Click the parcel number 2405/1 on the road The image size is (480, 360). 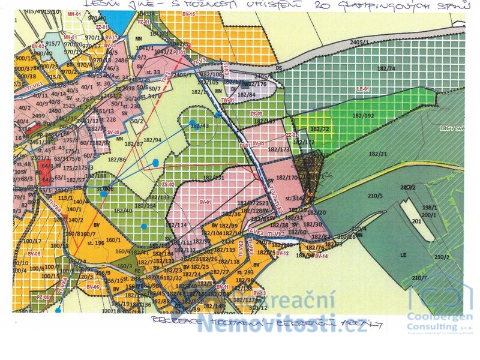pyautogui.click(x=361, y=43)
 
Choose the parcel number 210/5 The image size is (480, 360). pyautogui.click(x=376, y=196)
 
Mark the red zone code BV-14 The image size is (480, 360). pyautogui.click(x=322, y=256)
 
